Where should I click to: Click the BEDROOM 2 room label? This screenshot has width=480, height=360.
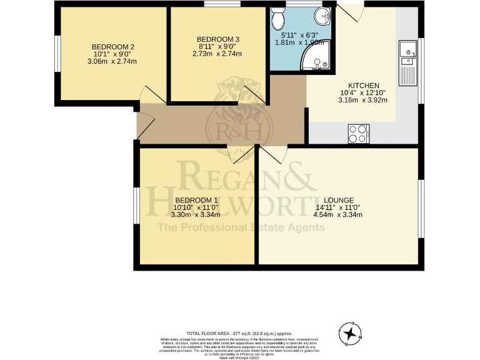coord(113,47)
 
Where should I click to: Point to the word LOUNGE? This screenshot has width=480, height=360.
coord(339,200)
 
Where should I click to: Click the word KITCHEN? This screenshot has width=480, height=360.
coord(363,86)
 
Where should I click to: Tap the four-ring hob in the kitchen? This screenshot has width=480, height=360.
coord(358,133)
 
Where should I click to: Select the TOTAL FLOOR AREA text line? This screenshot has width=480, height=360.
coord(239,334)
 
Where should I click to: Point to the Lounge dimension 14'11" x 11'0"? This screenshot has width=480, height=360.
coord(338,207)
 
